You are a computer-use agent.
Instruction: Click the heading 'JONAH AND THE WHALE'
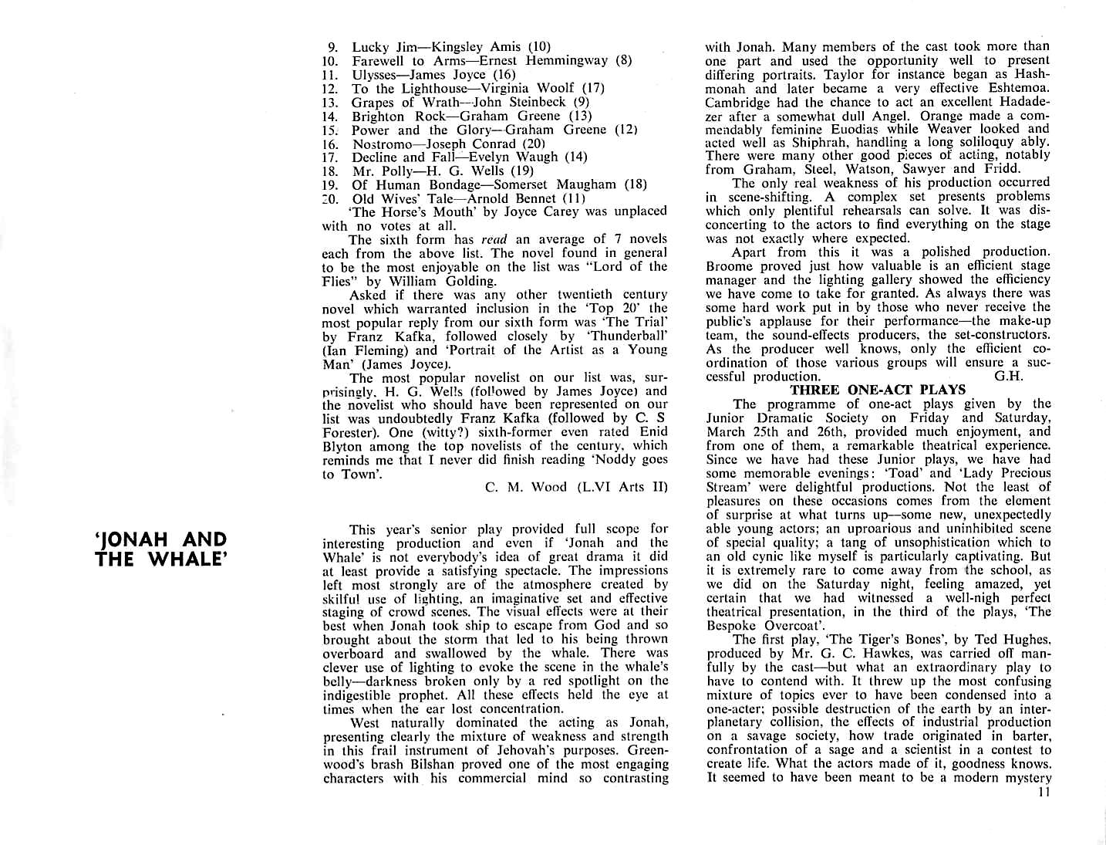[160, 549]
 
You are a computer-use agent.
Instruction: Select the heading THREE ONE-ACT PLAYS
[878, 390]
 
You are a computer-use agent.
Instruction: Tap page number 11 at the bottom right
[1044, 791]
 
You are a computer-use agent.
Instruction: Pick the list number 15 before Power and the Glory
[330, 130]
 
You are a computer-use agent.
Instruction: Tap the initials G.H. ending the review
[1008, 376]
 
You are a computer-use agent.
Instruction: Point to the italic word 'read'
[494, 239]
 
